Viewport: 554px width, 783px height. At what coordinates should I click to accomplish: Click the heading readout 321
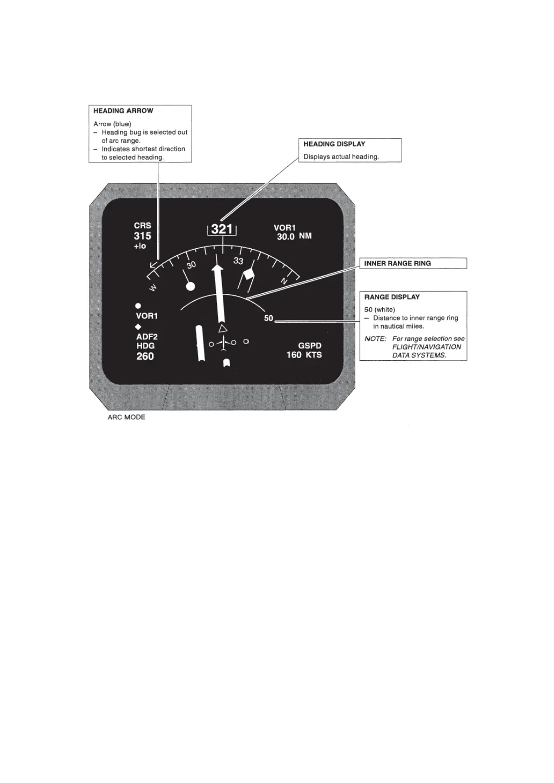(222, 229)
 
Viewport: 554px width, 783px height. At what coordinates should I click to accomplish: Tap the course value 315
(142, 236)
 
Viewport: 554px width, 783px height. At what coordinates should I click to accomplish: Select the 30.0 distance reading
(285, 237)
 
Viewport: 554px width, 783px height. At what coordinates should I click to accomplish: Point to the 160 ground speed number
(294, 355)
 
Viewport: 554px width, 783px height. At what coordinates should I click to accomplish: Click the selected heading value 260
(145, 357)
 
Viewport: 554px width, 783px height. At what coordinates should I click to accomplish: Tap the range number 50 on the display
(269, 319)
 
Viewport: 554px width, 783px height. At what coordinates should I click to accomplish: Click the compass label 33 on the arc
(238, 261)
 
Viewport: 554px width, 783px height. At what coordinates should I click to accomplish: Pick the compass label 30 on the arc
(191, 265)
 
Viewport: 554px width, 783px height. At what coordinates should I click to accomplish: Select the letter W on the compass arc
(153, 287)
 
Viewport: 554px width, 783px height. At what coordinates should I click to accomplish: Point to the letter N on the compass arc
(284, 281)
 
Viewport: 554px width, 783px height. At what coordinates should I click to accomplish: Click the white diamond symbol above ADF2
(138, 327)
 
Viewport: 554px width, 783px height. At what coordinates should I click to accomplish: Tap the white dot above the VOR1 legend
(138, 306)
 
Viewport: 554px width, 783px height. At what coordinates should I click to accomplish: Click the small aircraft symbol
(223, 343)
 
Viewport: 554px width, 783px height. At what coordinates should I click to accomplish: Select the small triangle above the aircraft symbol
(223, 329)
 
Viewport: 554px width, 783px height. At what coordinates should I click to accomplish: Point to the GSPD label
(310, 346)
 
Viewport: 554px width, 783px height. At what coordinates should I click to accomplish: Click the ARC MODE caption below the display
(127, 417)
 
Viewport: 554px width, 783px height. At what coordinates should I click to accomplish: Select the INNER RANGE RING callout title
(397, 264)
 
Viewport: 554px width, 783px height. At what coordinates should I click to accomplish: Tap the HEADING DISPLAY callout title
(334, 144)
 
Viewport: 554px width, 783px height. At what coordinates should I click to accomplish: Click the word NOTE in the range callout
(375, 339)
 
